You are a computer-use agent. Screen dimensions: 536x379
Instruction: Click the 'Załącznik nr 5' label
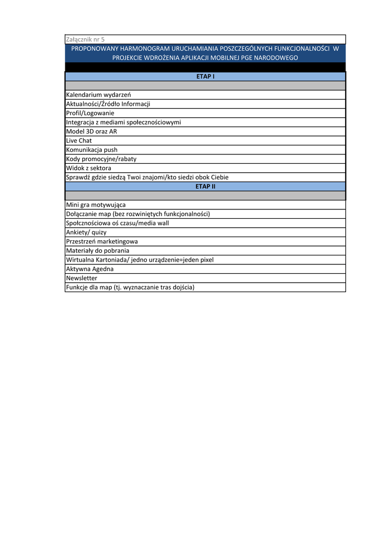point(85,39)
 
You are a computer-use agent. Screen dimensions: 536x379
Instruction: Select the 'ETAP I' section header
point(205,76)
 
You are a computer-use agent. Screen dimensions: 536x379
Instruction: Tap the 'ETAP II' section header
point(205,186)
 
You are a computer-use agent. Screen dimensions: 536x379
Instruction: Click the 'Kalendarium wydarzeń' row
point(98,95)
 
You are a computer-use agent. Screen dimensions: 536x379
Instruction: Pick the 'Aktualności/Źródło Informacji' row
point(108,104)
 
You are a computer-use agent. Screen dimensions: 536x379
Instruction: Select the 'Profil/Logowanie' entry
point(90,113)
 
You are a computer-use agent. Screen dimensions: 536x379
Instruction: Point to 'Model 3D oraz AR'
point(91,131)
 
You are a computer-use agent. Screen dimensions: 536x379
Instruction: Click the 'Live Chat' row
point(78,141)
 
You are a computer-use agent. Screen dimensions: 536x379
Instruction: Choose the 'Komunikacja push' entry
point(91,150)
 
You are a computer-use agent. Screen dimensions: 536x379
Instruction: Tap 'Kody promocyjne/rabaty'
point(101,159)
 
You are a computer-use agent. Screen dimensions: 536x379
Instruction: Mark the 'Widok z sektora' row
point(88,168)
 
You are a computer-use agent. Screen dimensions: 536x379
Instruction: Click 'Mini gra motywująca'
point(96,205)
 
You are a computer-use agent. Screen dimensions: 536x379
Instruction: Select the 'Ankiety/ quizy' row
point(86,232)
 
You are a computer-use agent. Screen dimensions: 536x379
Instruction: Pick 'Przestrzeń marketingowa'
point(102,241)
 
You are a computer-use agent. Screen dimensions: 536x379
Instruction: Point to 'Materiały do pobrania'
point(97,251)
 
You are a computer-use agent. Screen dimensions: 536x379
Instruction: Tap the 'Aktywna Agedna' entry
point(89,269)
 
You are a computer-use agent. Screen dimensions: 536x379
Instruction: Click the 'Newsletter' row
point(82,278)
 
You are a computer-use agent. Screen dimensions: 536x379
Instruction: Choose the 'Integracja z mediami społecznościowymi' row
point(123,122)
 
